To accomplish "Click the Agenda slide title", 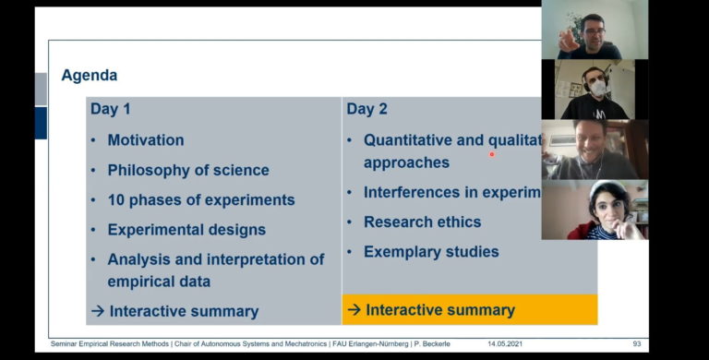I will [90, 76].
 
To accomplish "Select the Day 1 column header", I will [110, 109].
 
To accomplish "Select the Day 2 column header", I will [367, 109].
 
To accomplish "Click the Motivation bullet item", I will [145, 140].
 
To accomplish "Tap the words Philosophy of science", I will [188, 170].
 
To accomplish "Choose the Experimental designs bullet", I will [186, 230].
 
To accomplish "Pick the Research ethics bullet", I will [422, 222].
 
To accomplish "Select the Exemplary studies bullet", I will [431, 252].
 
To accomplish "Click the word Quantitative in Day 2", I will [409, 140].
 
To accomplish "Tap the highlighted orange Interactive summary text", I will [439, 310].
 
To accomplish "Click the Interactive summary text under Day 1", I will [184, 311].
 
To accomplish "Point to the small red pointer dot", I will [491, 154].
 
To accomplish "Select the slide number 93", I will [636, 344].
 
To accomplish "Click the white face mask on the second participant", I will [596, 89].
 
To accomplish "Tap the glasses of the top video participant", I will [593, 31].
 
